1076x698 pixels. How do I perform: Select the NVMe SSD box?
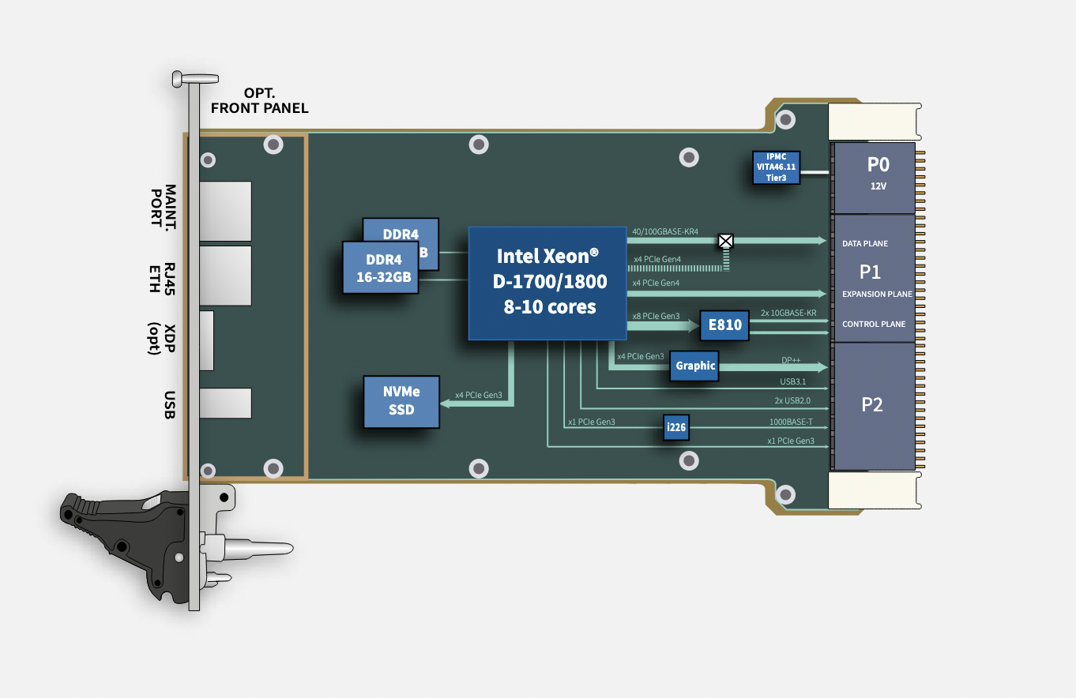[x=401, y=401]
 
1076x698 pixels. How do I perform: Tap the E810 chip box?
[x=724, y=325]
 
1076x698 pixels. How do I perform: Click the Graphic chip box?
[x=694, y=366]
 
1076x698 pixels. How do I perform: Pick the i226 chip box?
[x=675, y=428]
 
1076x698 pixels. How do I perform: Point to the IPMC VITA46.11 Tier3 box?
[x=776, y=167]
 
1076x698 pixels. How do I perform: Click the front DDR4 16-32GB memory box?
[x=380, y=268]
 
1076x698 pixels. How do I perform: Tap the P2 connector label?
[x=872, y=405]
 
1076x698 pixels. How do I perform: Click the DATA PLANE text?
[x=864, y=244]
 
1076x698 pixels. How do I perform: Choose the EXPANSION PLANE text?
[x=877, y=295]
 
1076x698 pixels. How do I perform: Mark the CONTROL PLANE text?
[x=874, y=325]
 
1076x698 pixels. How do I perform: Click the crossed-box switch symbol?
[x=725, y=241]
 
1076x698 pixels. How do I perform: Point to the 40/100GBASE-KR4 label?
[x=665, y=232]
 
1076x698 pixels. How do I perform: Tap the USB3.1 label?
[x=792, y=381]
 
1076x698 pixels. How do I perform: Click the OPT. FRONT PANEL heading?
[x=259, y=101]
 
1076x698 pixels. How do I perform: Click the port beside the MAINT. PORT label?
[x=225, y=211]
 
